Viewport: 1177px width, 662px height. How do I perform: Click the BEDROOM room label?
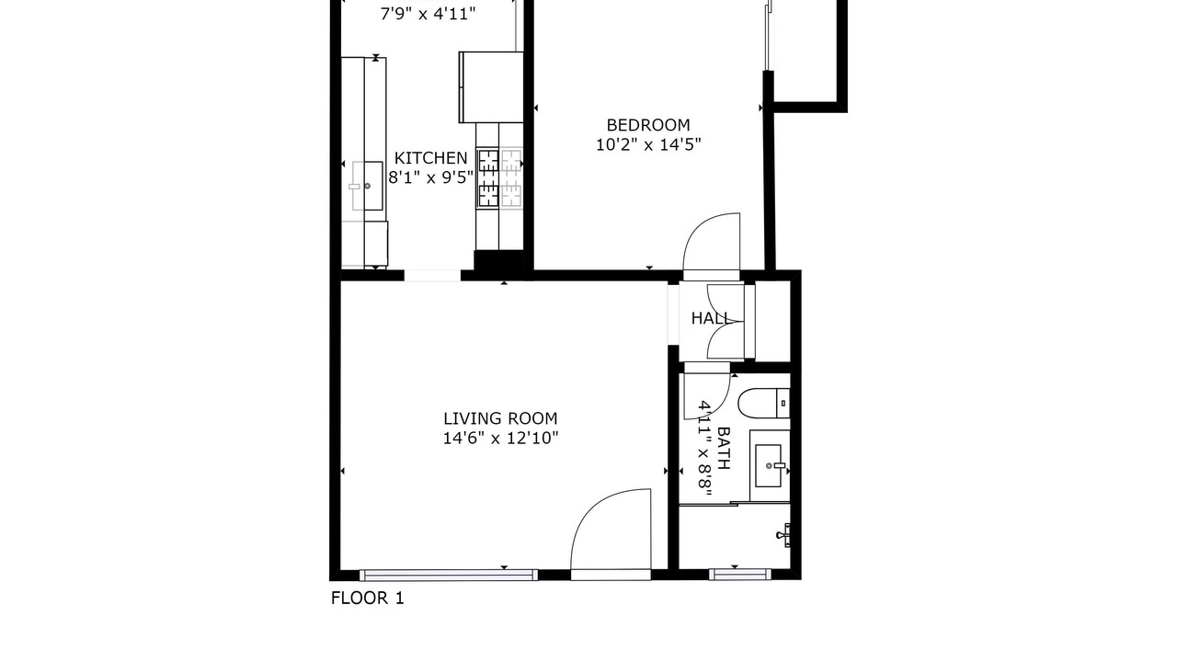[x=648, y=125]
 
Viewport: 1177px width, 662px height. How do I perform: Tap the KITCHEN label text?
[x=430, y=158]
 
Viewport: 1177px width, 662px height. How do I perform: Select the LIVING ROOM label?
[x=500, y=418]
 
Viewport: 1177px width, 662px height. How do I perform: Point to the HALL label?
[x=711, y=318]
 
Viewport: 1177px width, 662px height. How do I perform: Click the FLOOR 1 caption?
[x=367, y=598]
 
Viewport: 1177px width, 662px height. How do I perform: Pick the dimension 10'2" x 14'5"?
[x=648, y=144]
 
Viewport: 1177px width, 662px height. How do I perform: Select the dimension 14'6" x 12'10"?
[x=500, y=439]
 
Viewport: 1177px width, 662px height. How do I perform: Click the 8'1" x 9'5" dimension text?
[x=431, y=177]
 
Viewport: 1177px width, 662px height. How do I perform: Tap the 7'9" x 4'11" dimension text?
[x=428, y=14]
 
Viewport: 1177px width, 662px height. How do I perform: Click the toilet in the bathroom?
[x=763, y=404]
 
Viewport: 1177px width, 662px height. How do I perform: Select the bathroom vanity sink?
[x=770, y=466]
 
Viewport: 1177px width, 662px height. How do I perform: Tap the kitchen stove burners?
[x=499, y=177]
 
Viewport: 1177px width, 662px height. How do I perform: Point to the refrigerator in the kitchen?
[x=491, y=87]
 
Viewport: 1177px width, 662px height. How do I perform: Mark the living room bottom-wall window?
[x=448, y=576]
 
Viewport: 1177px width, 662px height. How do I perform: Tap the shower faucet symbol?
[x=783, y=535]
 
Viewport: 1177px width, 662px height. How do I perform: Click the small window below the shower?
[x=740, y=575]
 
